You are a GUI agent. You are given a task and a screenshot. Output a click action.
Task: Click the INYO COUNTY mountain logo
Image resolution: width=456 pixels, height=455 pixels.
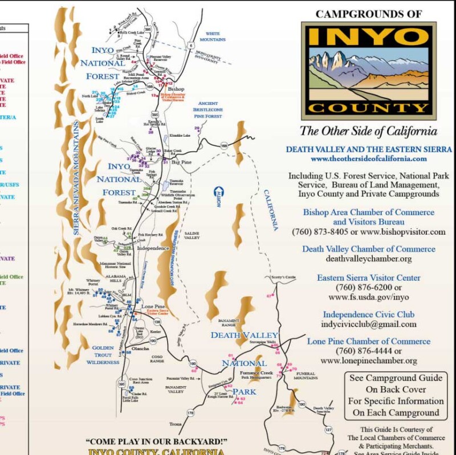click(369, 70)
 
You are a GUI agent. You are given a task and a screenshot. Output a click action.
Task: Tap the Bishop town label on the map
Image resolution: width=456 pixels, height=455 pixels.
click(177, 89)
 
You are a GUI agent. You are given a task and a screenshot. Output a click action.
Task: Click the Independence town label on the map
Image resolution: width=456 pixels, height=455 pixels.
click(153, 248)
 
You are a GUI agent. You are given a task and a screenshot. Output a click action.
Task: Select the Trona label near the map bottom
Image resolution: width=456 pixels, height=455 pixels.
click(175, 424)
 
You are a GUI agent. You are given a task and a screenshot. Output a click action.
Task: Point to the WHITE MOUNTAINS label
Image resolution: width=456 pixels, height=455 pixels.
click(213, 37)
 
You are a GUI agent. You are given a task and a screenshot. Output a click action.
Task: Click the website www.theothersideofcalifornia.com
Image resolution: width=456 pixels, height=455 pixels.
click(369, 159)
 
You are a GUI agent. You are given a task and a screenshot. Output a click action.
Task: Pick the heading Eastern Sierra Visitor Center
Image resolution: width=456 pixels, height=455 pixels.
click(369, 278)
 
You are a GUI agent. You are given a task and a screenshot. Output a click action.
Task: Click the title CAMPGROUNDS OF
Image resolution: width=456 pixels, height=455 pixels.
click(369, 14)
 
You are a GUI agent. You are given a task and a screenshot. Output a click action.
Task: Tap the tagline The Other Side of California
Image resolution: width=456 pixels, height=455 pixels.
click(369, 131)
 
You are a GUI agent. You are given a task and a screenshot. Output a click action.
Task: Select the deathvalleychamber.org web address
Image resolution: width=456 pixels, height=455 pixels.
click(368, 259)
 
